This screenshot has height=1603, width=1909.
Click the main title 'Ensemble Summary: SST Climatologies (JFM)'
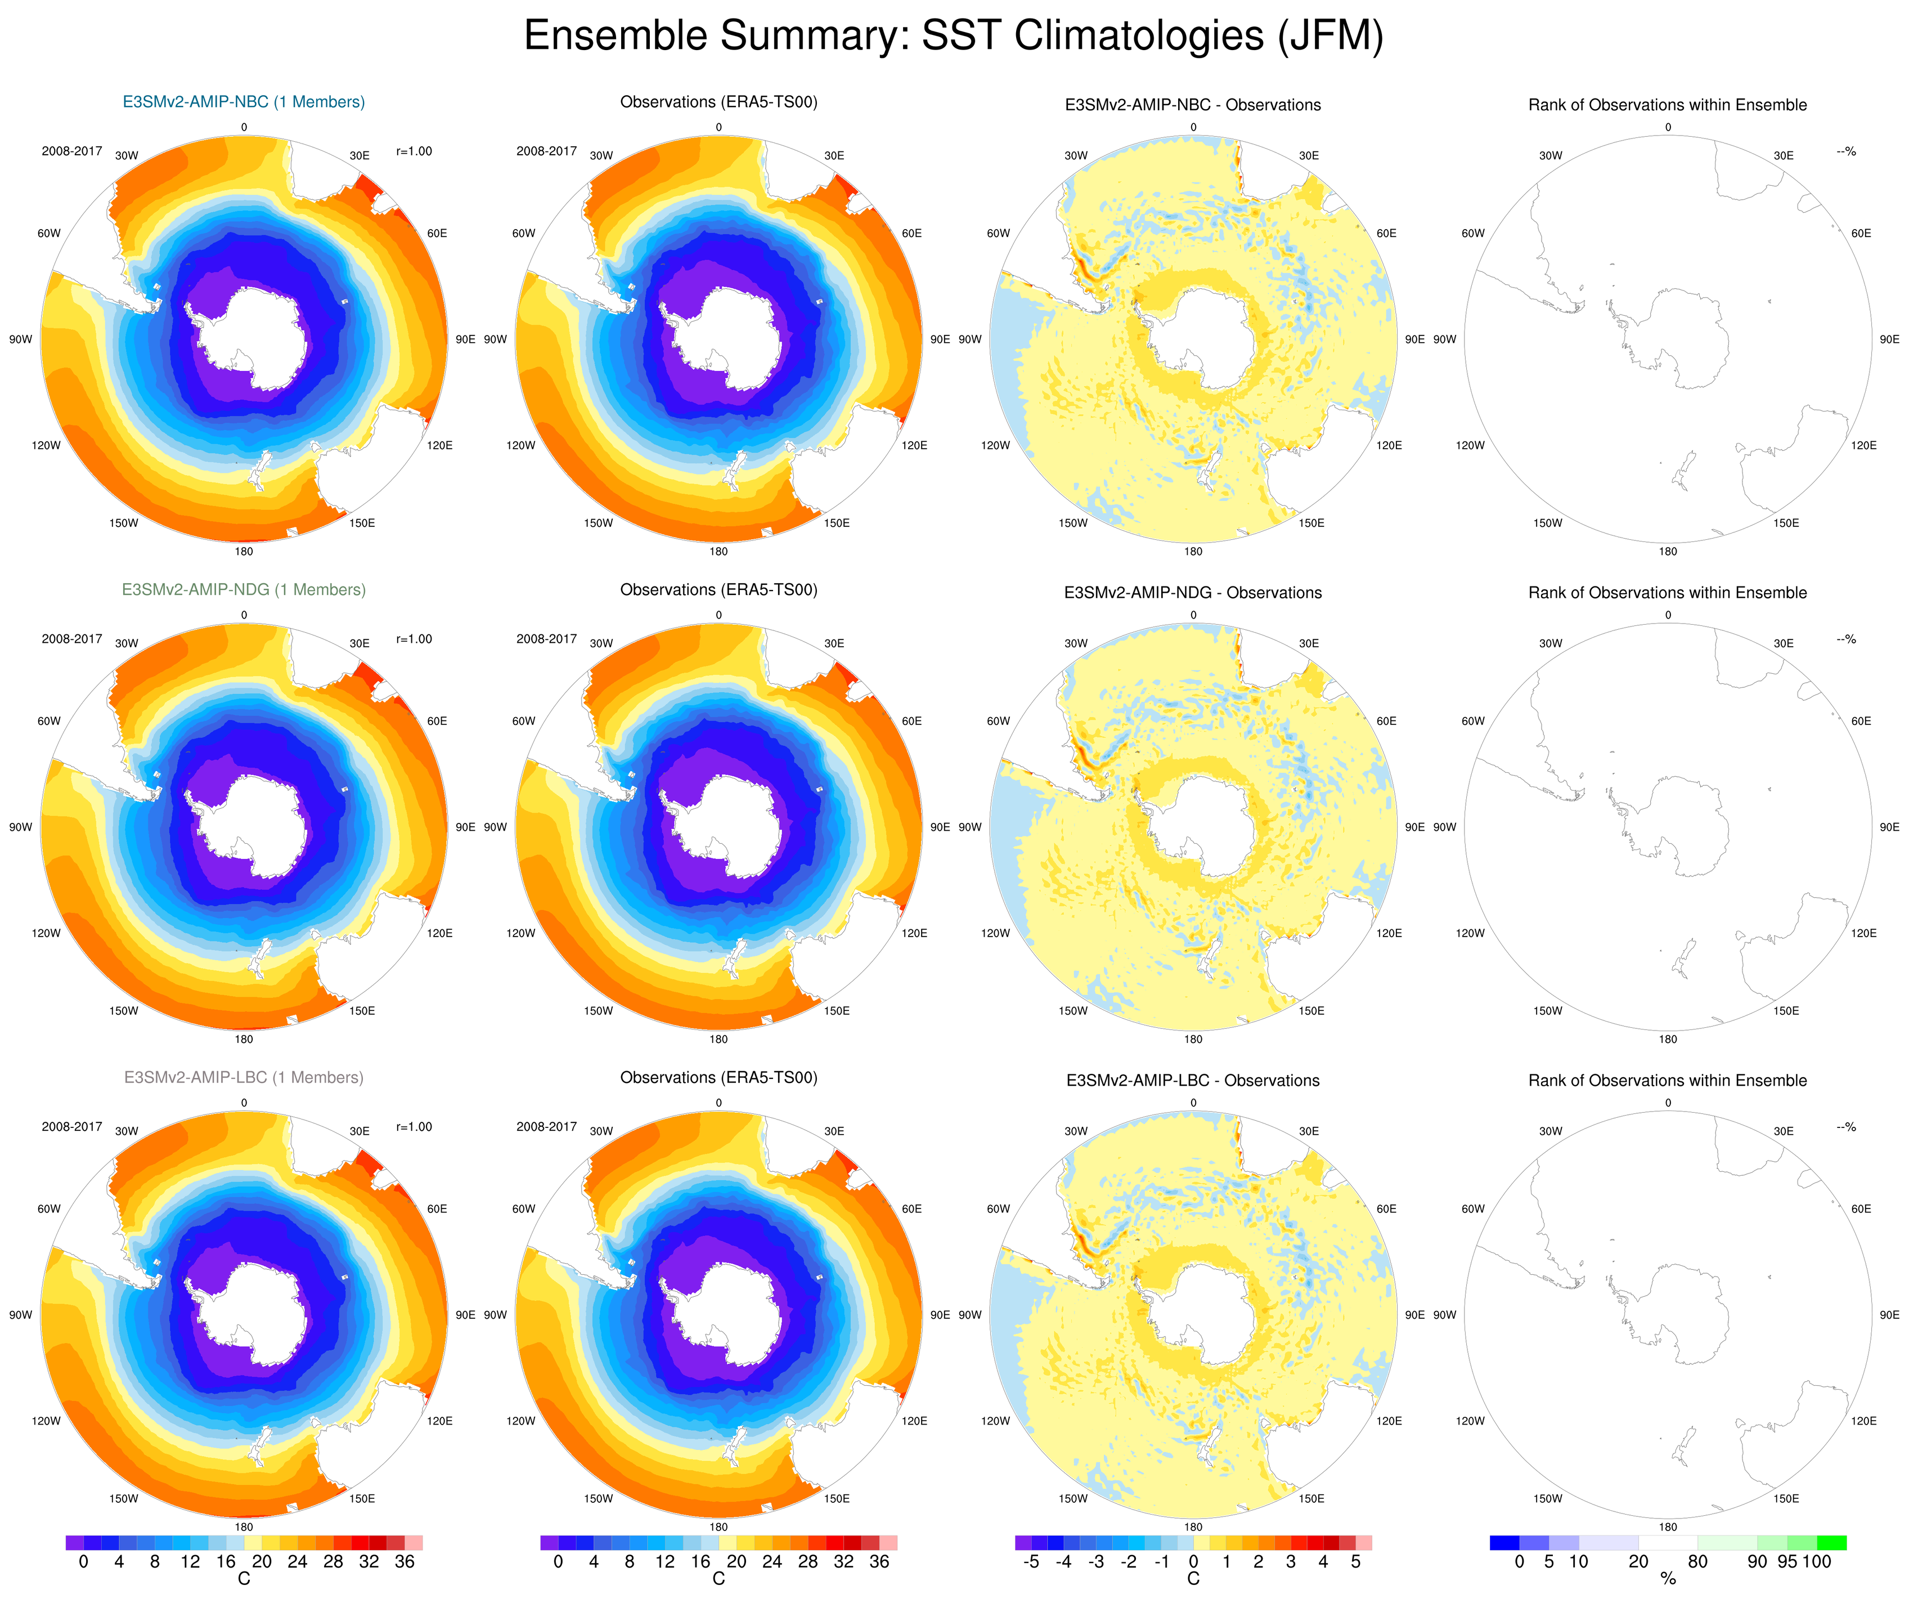(x=954, y=37)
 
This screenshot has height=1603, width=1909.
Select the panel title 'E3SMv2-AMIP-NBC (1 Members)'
(x=244, y=102)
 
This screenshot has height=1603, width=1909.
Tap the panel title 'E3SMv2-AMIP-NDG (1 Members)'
(x=244, y=589)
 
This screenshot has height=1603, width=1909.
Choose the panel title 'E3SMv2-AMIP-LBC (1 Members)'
(x=244, y=1077)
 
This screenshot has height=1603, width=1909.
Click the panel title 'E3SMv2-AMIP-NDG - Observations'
(x=1193, y=593)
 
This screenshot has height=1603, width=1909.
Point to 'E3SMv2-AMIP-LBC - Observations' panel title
(x=1193, y=1080)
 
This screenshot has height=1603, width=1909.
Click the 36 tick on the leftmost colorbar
(x=405, y=1561)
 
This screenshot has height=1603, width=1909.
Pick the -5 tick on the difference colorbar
(x=1031, y=1561)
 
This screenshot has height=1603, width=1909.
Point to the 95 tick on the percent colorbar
(x=1787, y=1561)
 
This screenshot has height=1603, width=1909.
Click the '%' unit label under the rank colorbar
(x=1668, y=1579)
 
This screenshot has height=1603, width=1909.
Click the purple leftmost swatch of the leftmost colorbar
(x=74, y=1543)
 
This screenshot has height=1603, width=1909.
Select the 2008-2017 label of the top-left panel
(x=72, y=151)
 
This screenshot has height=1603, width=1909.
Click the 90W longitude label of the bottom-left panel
(x=21, y=1315)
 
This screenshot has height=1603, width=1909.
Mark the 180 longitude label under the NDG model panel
(x=244, y=1039)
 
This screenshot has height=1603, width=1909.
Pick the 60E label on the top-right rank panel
(x=1861, y=234)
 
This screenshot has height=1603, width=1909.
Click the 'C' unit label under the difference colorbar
(x=1193, y=1579)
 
